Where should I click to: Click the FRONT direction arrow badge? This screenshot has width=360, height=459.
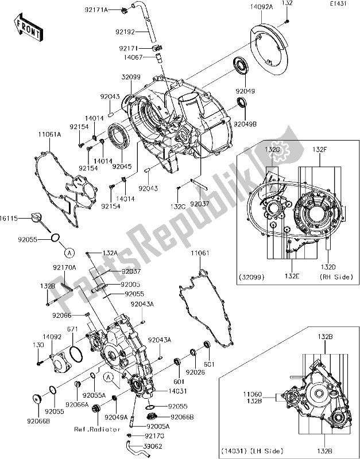click(x=26, y=29)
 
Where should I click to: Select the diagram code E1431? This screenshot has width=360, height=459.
click(x=339, y=4)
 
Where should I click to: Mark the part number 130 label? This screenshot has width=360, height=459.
click(x=38, y=345)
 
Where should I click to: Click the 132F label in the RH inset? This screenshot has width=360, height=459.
click(x=319, y=149)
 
